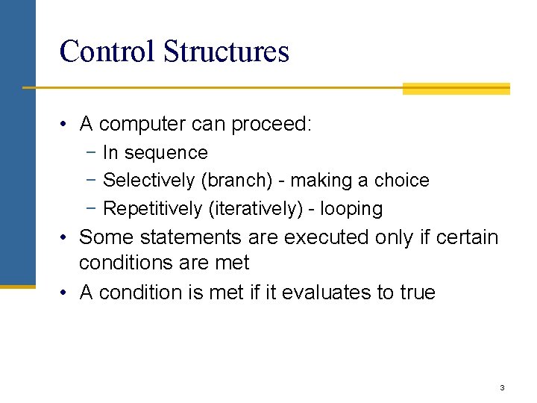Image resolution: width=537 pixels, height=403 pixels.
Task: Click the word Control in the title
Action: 107,51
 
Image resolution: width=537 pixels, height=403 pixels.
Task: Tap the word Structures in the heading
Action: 226,51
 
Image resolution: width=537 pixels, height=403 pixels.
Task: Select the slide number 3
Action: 502,387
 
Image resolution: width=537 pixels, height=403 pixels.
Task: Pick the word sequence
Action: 166,153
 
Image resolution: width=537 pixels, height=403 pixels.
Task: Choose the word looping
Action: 351,209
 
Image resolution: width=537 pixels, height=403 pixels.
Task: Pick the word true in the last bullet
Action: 418,293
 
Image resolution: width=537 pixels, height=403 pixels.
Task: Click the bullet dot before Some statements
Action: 66,238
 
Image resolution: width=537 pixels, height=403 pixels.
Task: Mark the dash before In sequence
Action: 90,153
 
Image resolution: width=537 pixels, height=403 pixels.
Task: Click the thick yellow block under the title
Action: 456,89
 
